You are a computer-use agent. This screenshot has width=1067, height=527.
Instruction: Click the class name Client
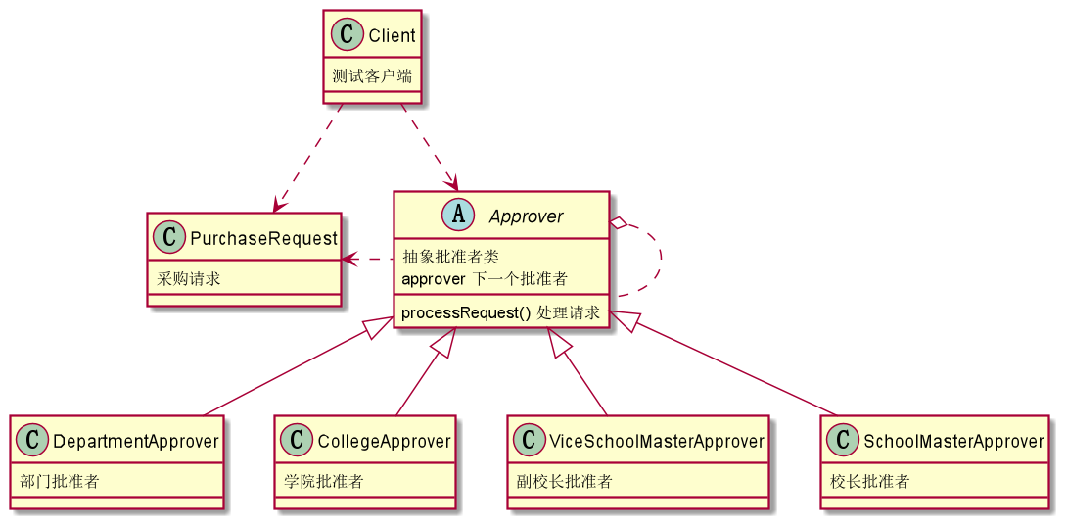click(x=392, y=36)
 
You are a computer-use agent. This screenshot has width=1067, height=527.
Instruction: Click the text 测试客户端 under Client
click(x=371, y=76)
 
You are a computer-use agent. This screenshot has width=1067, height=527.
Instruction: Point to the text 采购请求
click(x=189, y=279)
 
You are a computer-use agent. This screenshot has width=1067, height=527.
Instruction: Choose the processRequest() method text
click(x=466, y=313)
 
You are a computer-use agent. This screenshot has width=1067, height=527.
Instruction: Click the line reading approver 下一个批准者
click(x=485, y=279)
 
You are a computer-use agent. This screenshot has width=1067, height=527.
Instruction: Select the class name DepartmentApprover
click(x=135, y=442)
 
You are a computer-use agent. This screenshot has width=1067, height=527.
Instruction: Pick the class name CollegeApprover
click(x=384, y=442)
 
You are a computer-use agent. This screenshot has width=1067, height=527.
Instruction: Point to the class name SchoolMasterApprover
click(x=953, y=442)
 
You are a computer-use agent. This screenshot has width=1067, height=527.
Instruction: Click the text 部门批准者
click(x=59, y=482)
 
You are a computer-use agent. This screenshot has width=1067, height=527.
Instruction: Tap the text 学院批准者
click(x=324, y=482)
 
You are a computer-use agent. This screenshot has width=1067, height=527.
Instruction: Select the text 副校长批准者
click(x=565, y=482)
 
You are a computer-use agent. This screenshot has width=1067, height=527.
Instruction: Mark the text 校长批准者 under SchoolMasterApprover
click(x=870, y=482)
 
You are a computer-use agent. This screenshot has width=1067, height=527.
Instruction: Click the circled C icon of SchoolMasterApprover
click(x=843, y=442)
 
